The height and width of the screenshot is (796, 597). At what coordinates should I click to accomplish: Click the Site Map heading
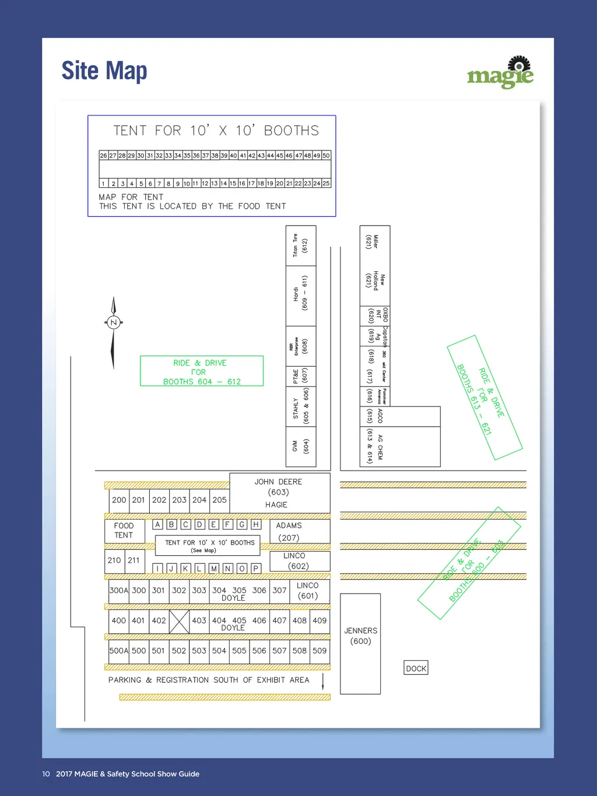point(104,71)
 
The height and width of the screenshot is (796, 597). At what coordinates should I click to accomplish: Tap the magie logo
point(500,73)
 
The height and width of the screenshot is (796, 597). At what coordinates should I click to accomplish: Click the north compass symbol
point(114,322)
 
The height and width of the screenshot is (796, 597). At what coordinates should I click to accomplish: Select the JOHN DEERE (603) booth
point(279,493)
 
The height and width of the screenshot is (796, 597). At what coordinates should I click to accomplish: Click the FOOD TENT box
point(124,530)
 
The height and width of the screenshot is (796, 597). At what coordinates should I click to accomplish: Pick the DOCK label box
point(416,668)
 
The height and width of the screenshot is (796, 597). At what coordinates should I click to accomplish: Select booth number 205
point(219,500)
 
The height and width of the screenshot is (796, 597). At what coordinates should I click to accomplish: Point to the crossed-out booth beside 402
point(179,621)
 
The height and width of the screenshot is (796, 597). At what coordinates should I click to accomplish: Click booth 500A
point(118,651)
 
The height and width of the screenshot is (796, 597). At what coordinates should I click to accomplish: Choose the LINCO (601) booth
point(307,591)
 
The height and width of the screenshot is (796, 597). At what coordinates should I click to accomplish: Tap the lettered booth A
point(157,524)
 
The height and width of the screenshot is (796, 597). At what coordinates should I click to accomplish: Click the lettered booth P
point(255,568)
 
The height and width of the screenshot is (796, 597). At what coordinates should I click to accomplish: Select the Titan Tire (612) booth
point(300,246)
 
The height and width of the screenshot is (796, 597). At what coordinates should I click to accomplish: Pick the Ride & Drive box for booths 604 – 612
point(202,371)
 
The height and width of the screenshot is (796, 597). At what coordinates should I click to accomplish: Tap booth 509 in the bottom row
point(319,651)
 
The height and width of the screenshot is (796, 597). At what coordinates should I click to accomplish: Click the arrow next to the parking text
point(323,681)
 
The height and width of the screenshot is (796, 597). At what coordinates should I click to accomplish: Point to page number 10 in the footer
point(46,774)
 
